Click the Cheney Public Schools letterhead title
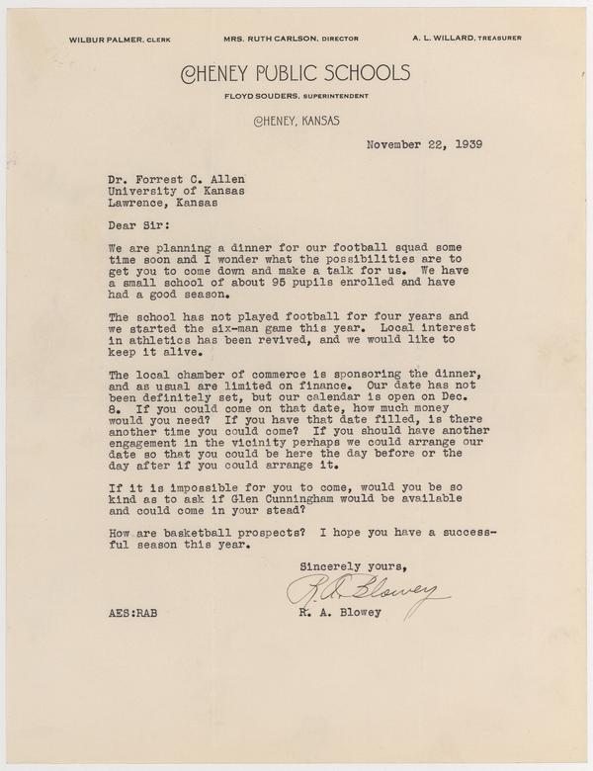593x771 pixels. point(296,71)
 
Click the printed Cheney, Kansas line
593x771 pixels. point(296,122)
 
